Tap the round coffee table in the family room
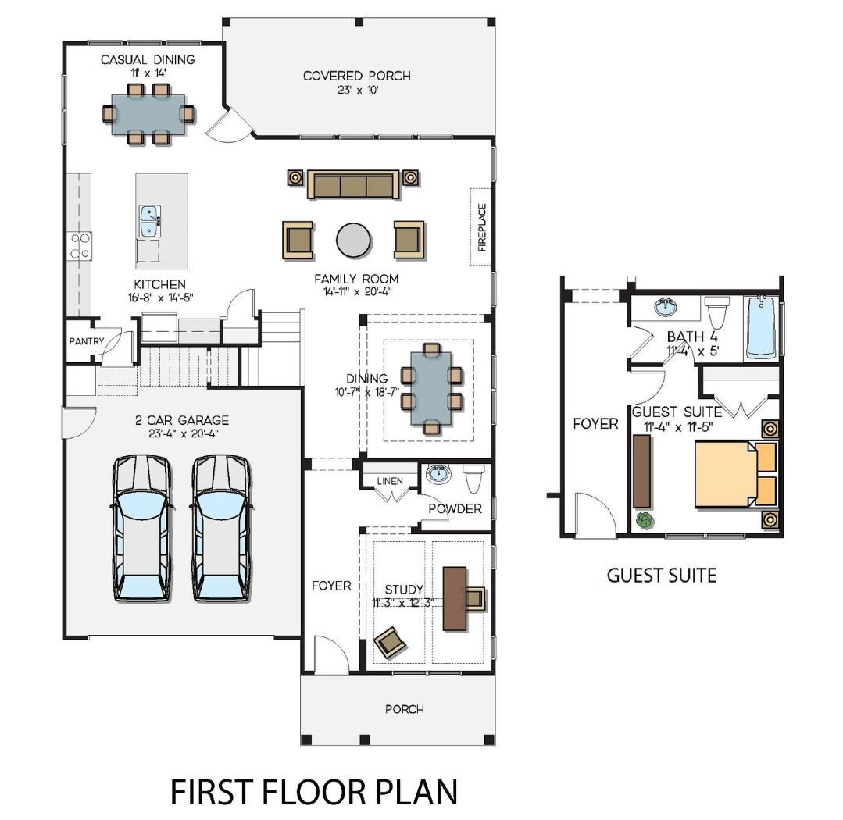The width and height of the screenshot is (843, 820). click(x=354, y=240)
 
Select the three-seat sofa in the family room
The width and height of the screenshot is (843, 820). click(x=353, y=185)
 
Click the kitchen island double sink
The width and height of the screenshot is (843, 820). click(x=150, y=221)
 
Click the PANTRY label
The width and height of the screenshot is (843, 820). click(x=86, y=341)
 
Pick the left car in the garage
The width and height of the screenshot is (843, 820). click(x=141, y=528)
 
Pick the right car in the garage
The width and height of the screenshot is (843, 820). click(x=222, y=528)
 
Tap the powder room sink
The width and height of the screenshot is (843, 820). click(x=438, y=474)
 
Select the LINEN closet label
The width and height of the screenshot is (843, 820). click(x=389, y=481)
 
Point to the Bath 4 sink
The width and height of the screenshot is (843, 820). click(x=666, y=307)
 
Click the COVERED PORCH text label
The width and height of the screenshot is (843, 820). click(x=356, y=76)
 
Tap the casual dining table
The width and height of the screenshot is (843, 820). click(x=148, y=114)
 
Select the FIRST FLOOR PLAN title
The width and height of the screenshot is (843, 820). click(x=314, y=791)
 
